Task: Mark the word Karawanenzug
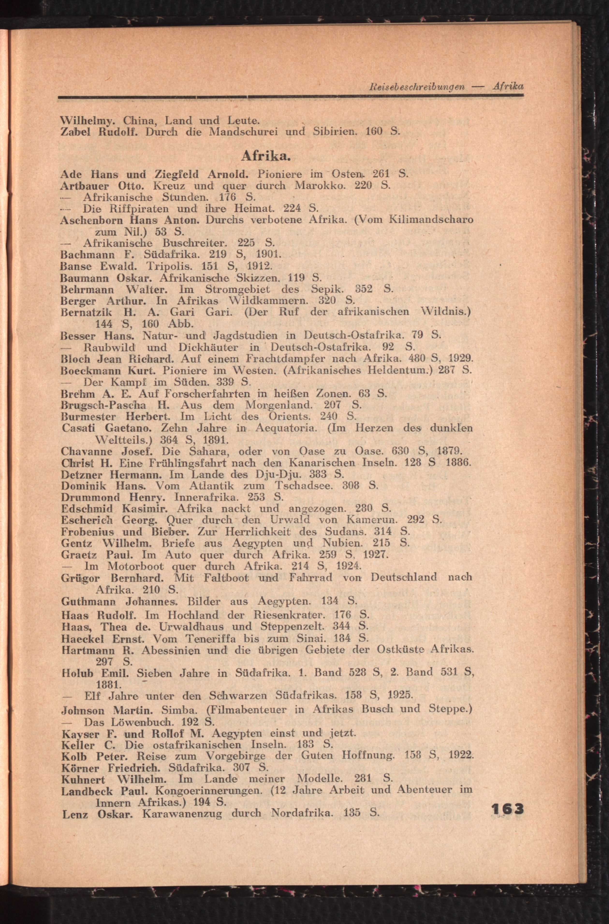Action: click(181, 813)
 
